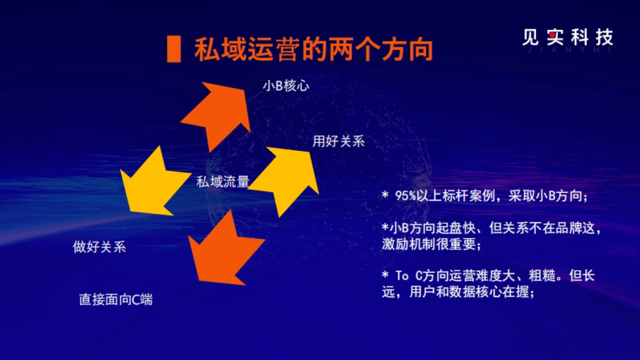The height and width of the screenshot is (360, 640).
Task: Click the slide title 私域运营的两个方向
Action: point(313,51)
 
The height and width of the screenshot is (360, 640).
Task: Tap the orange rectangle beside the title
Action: point(173,50)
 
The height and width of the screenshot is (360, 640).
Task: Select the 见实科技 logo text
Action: point(567,37)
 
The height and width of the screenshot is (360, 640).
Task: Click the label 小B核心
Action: point(285,86)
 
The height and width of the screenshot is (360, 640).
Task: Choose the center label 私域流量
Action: point(222,182)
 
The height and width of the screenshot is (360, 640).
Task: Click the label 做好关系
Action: point(99,247)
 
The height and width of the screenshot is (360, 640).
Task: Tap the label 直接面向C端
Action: point(116,300)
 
